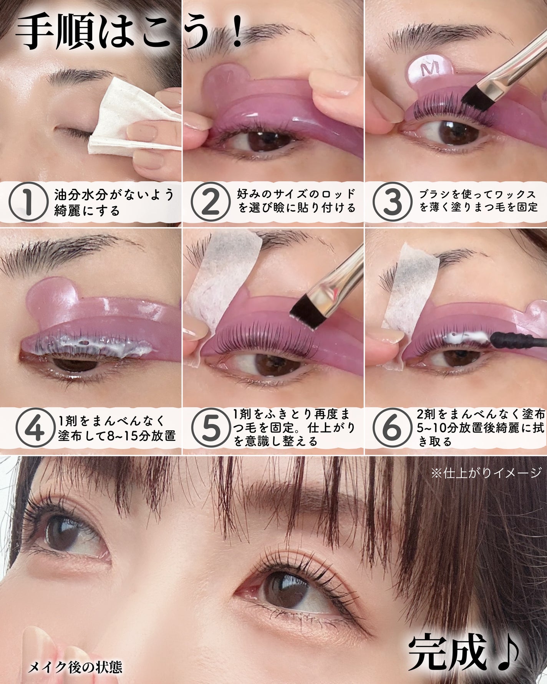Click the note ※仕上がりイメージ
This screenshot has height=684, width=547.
tap(486, 473)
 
